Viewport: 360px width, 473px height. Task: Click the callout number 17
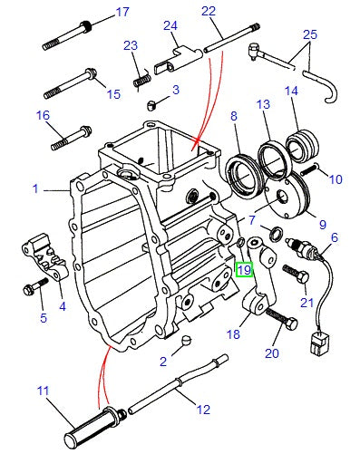pos(122,13)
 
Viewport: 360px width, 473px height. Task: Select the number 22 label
pos(209,12)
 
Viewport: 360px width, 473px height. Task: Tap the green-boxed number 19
pos(244,269)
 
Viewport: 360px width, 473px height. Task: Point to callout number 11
pos(43,392)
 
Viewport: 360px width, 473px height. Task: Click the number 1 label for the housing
pos(35,189)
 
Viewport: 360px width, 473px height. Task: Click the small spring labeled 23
pos(141,79)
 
